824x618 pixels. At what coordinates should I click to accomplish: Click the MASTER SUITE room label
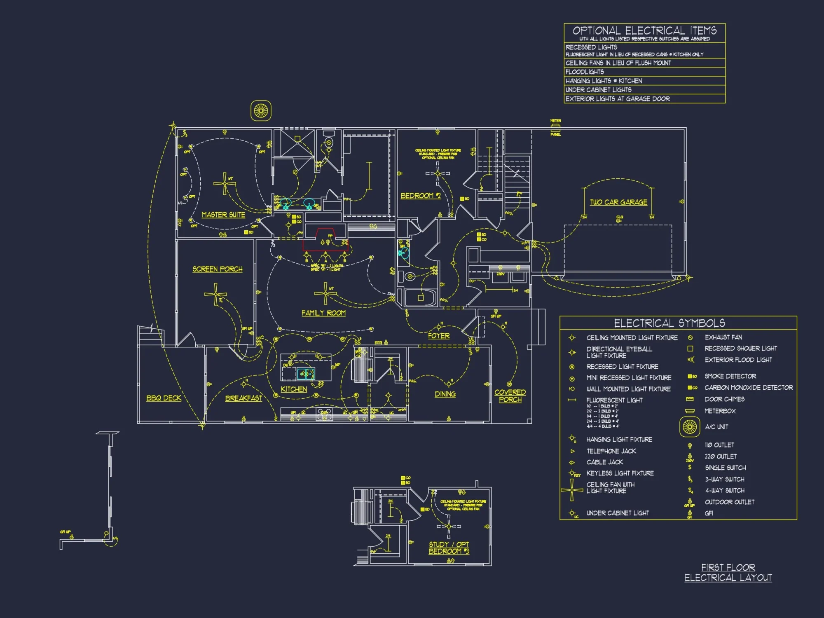[x=223, y=215]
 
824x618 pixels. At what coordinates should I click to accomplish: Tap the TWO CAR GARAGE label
[x=618, y=202]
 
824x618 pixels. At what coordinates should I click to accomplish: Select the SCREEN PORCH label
[x=218, y=269]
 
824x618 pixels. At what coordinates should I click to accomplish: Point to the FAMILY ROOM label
[x=323, y=313]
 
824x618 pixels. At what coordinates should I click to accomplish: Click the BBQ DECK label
[x=164, y=398]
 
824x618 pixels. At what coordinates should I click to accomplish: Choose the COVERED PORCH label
[x=510, y=396]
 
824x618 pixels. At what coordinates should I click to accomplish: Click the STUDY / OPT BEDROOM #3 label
[x=449, y=548]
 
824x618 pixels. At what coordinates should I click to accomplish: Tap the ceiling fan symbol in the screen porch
[x=215, y=294]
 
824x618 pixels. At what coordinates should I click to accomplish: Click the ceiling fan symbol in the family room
[x=325, y=293]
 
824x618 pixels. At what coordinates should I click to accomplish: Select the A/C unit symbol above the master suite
[x=261, y=110]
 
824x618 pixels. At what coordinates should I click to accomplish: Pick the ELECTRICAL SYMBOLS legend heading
[x=669, y=323]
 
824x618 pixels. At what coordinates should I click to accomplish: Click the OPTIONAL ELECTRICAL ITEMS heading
[x=644, y=30]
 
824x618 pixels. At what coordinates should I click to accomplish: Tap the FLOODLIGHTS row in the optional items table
[x=585, y=72]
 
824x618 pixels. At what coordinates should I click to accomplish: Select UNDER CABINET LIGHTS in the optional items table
[x=598, y=90]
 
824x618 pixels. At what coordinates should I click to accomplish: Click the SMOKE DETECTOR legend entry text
[x=730, y=376]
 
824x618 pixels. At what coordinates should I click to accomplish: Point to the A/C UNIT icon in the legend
[x=690, y=427]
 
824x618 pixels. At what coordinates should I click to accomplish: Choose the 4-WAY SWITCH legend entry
[x=725, y=490]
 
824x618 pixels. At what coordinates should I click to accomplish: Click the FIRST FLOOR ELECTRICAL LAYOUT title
[x=728, y=573]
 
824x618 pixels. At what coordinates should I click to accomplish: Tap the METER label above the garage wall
[x=555, y=121]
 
